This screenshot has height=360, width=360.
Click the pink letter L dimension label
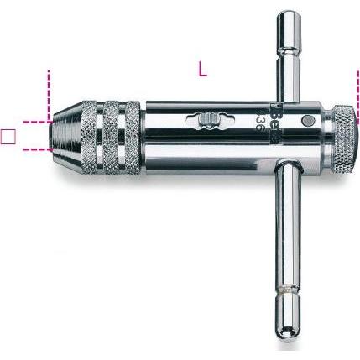click(x=202, y=70)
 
